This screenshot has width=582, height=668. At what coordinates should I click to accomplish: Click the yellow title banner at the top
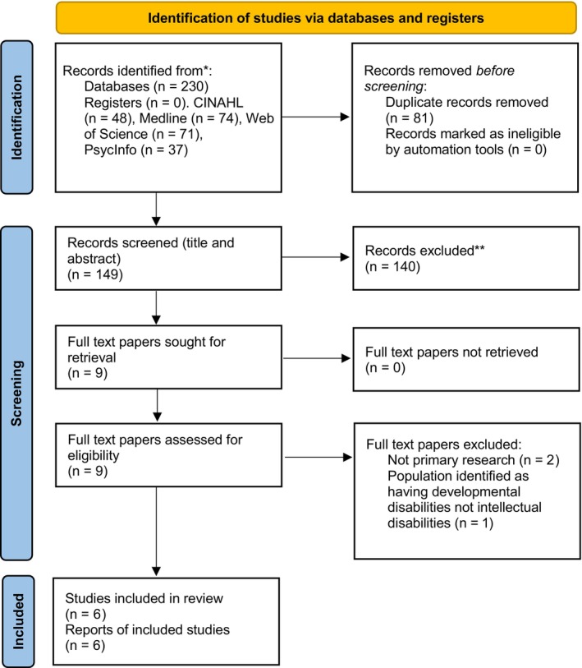tap(316, 18)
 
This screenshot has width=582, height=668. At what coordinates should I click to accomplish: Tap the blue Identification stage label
tap(16, 117)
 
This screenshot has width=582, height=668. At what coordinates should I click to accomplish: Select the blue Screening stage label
tap(16, 393)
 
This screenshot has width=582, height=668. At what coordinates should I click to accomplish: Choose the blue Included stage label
tap(18, 621)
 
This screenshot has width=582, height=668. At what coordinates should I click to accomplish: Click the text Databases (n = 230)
tap(146, 86)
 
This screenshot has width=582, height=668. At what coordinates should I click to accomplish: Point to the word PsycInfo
tap(110, 150)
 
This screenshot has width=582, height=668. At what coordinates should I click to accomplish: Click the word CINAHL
tap(218, 103)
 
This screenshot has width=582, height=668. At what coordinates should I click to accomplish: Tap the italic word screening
tap(394, 86)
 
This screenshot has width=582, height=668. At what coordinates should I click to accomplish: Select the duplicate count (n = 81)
tap(409, 118)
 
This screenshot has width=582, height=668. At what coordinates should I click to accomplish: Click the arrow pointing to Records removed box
tap(315, 117)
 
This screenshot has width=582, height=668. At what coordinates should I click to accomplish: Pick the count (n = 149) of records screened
tap(95, 274)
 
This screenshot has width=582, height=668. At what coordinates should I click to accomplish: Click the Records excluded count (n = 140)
tap(392, 267)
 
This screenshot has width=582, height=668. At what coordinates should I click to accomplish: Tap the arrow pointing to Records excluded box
tap(315, 257)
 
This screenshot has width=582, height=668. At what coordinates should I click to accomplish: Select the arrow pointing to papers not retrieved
tap(317, 358)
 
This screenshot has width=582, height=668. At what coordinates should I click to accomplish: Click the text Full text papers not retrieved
tap(451, 352)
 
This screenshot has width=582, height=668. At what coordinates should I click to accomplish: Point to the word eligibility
tap(94, 455)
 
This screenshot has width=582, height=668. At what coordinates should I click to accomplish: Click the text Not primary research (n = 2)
tap(474, 460)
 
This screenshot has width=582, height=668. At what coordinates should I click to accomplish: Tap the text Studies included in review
tap(144, 598)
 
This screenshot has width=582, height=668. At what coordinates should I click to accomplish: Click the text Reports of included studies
tap(147, 629)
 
